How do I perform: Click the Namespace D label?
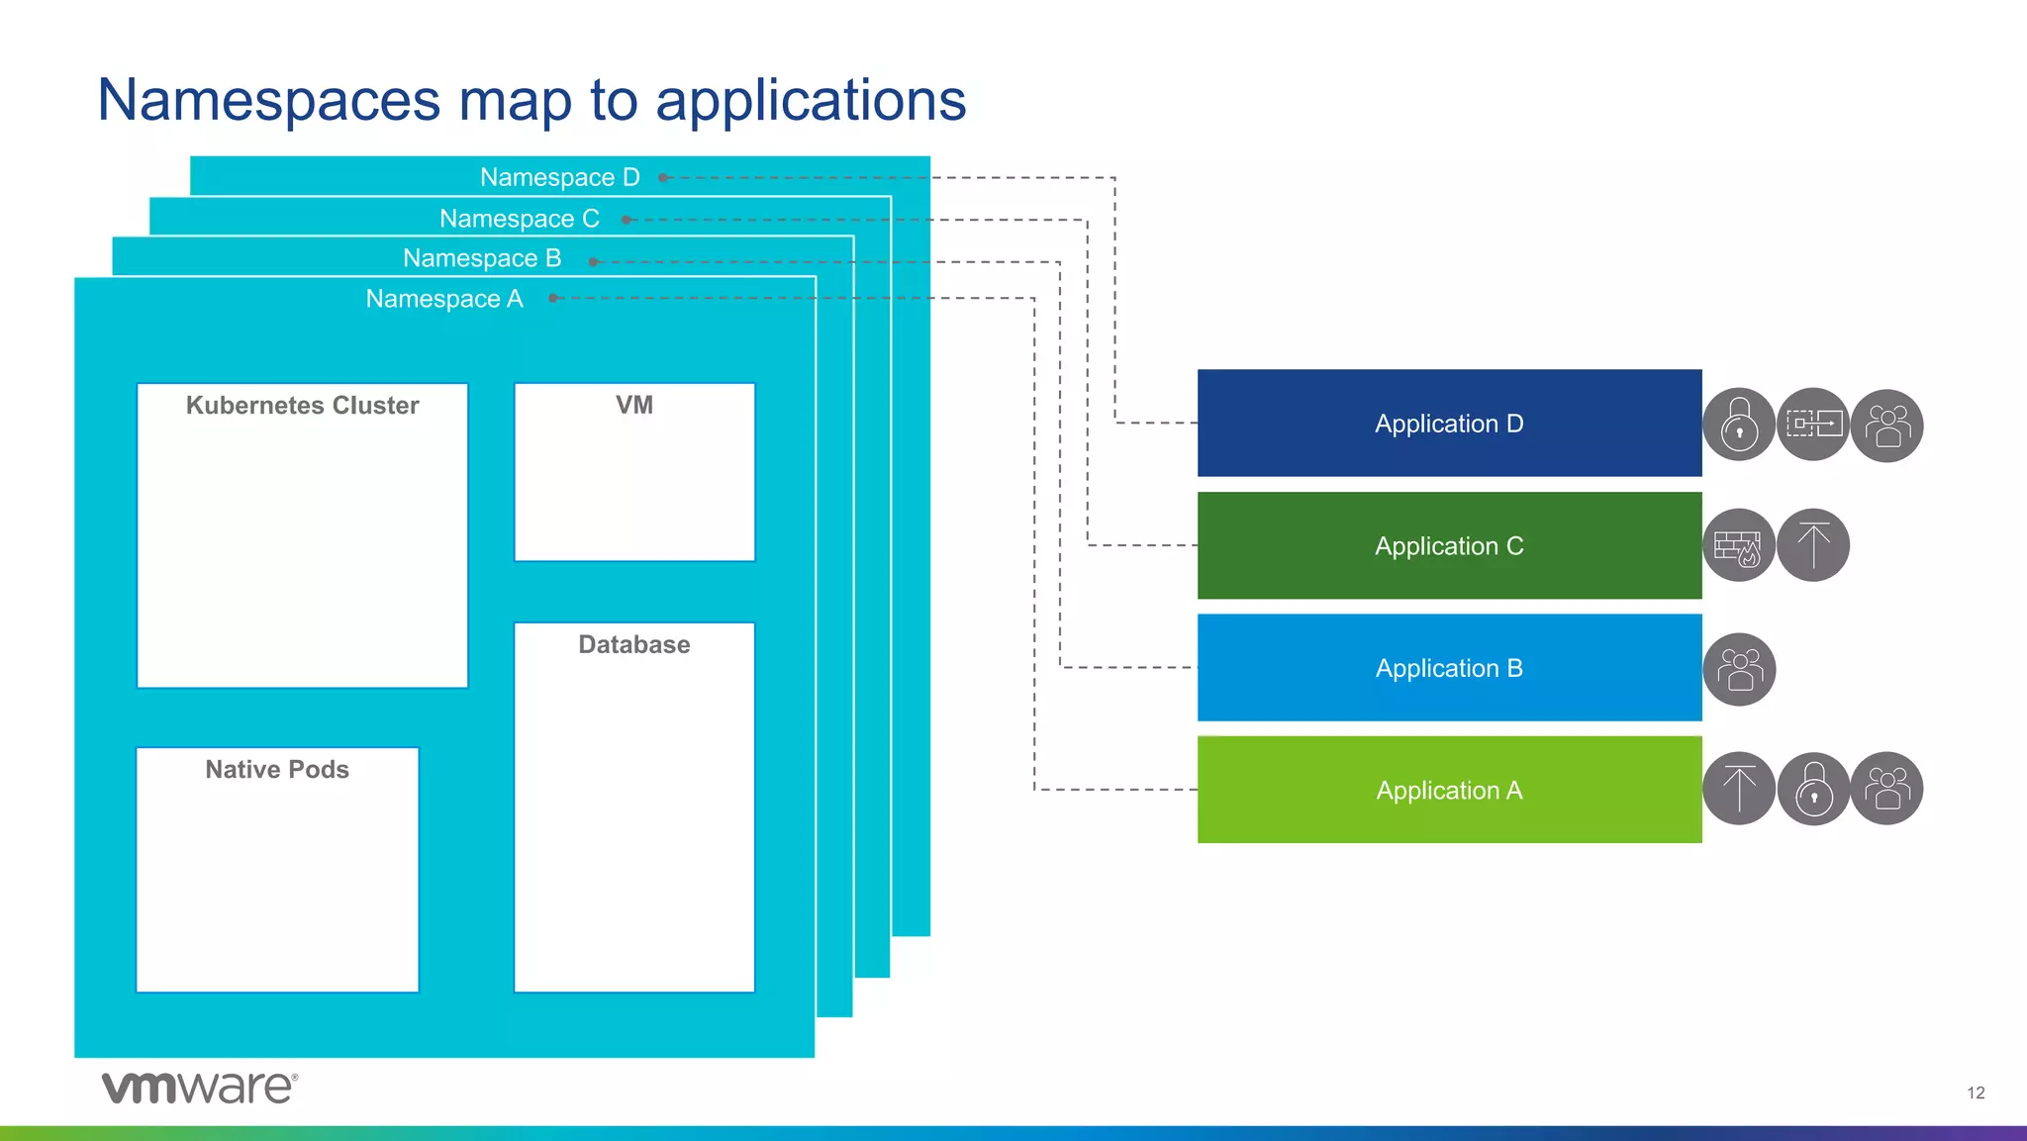click(559, 177)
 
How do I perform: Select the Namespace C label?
click(519, 219)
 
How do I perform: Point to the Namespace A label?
click(443, 299)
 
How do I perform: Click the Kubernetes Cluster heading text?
click(302, 406)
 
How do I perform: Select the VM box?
click(634, 472)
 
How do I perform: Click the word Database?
click(633, 645)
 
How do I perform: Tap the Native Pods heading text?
click(277, 770)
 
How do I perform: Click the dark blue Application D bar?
click(1449, 424)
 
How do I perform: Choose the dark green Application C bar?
click(1449, 546)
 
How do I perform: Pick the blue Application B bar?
click(1449, 668)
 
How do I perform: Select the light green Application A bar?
click(1449, 791)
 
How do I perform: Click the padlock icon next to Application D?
click(1739, 426)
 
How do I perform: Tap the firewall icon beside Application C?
click(1738, 546)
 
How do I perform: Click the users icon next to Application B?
click(1739, 670)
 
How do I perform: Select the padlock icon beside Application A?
click(1813, 790)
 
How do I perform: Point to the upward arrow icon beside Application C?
click(1813, 546)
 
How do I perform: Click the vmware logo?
click(199, 1087)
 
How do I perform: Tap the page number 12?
click(1976, 1093)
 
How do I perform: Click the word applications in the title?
click(810, 100)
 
